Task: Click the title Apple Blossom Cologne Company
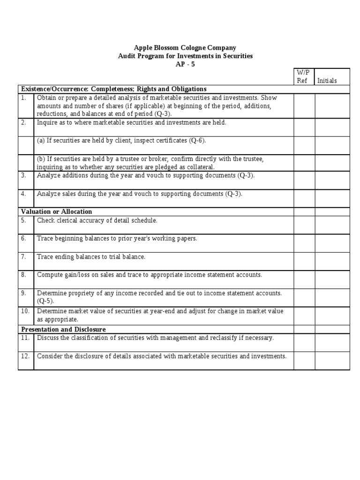(185, 48)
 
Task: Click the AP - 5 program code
(185, 64)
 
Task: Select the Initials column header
(327, 81)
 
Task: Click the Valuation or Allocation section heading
(57, 211)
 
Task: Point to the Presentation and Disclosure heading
(63, 330)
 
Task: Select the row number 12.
(25, 356)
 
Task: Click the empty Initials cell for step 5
(332, 225)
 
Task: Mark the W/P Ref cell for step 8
(304, 279)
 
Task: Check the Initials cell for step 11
(332, 342)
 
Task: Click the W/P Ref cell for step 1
(304, 105)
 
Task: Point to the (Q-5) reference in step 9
(45, 301)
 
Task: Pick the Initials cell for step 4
(332, 198)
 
